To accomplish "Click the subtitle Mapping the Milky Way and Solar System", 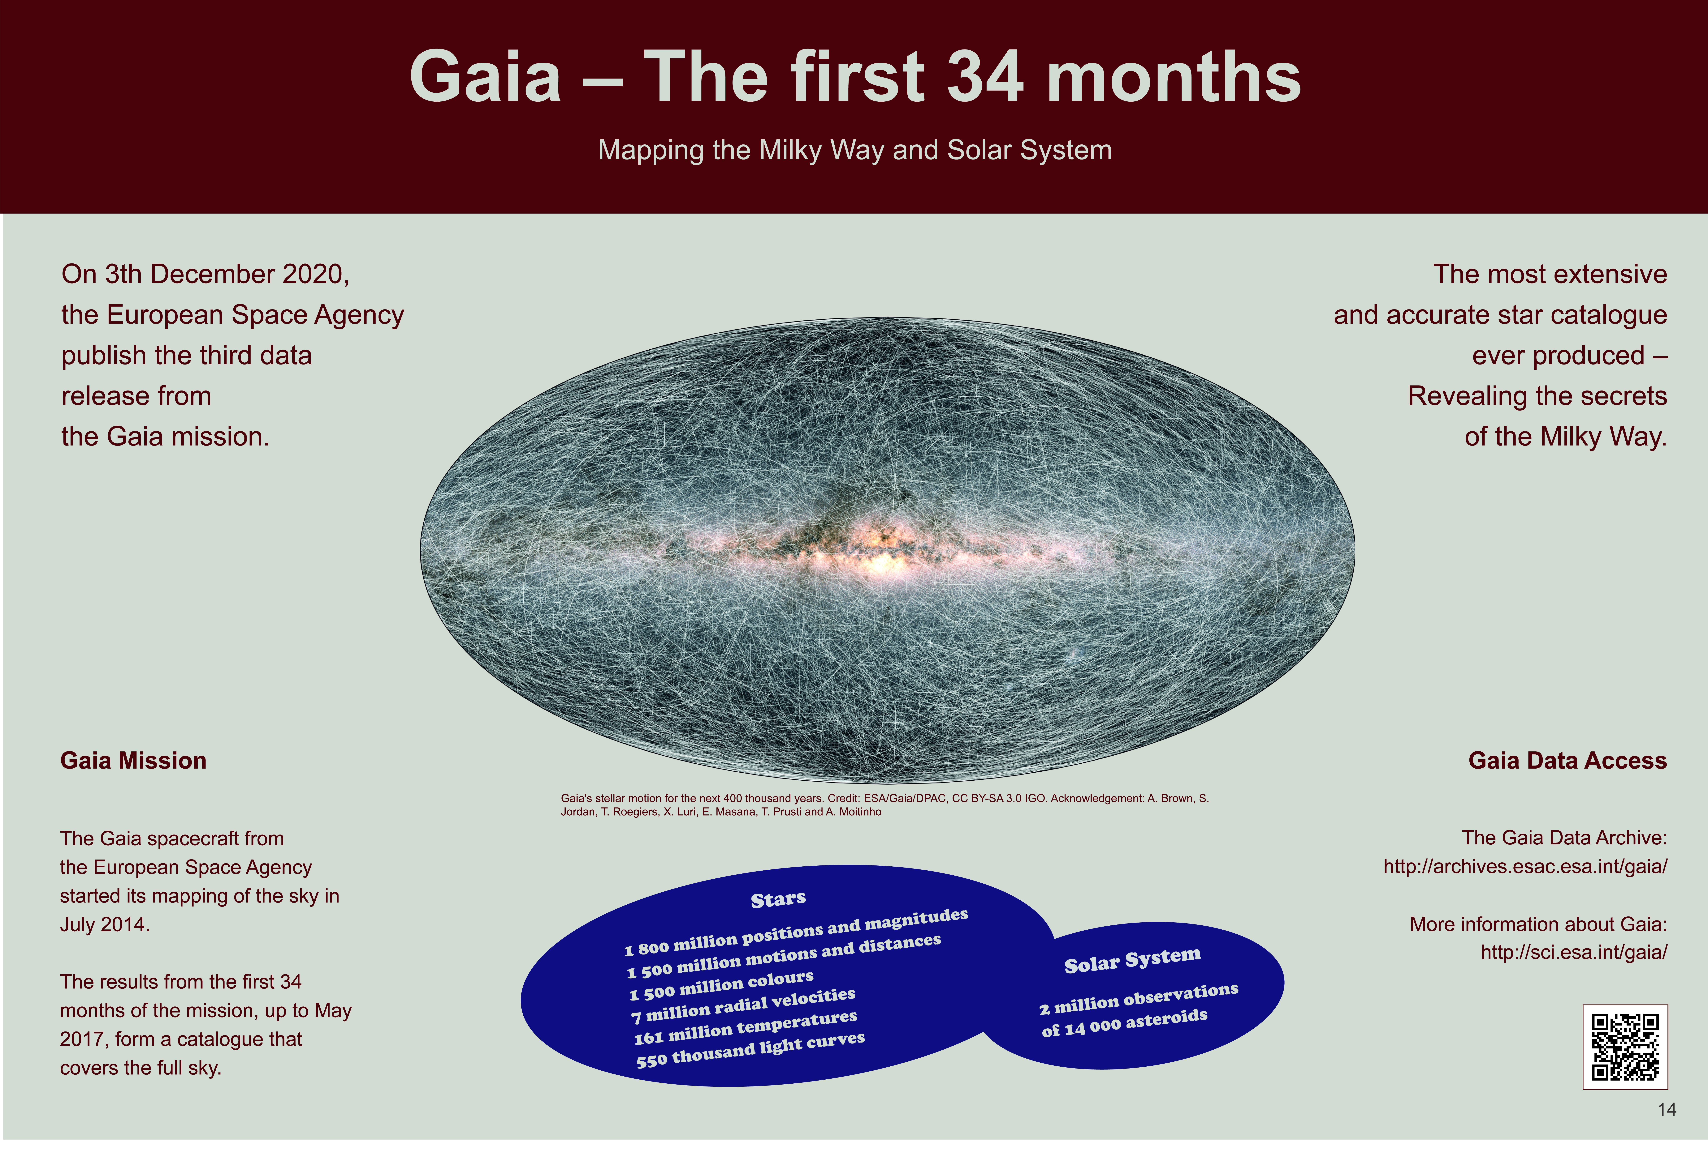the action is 855,150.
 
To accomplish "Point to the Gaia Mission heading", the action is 133,760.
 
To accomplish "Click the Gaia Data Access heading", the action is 1568,760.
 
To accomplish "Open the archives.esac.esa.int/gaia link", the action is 1525,867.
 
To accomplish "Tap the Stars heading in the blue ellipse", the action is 778,899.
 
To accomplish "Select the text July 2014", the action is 105,924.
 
